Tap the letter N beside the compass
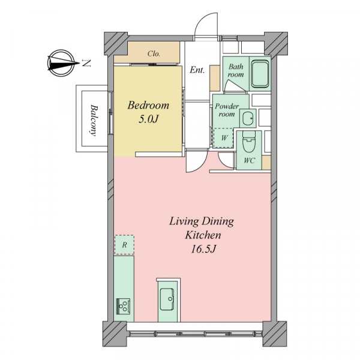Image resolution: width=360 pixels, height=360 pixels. coord(86,63)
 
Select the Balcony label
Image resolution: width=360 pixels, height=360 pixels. coord(94,121)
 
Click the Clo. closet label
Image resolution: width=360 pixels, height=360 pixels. coord(154,54)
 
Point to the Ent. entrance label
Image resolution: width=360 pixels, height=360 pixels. coord(197,70)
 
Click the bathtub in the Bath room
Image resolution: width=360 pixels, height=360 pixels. coord(260,74)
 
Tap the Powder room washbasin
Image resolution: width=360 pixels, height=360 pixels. coord(248,118)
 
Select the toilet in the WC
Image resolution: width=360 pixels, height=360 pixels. coord(248,142)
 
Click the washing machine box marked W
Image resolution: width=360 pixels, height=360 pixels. coord(224,138)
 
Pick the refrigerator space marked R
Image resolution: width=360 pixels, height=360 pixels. coord(124,245)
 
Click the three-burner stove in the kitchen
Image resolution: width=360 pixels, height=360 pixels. coord(123,305)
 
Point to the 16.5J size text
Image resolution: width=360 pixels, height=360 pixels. coord(203,250)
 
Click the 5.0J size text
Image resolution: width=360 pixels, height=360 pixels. coord(149,119)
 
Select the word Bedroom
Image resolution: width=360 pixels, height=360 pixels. coord(148,105)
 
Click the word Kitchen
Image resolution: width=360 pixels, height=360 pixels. coord(203,235)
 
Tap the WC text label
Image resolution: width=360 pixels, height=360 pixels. coord(250,160)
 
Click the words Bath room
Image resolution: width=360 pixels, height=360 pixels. coord(236,70)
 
